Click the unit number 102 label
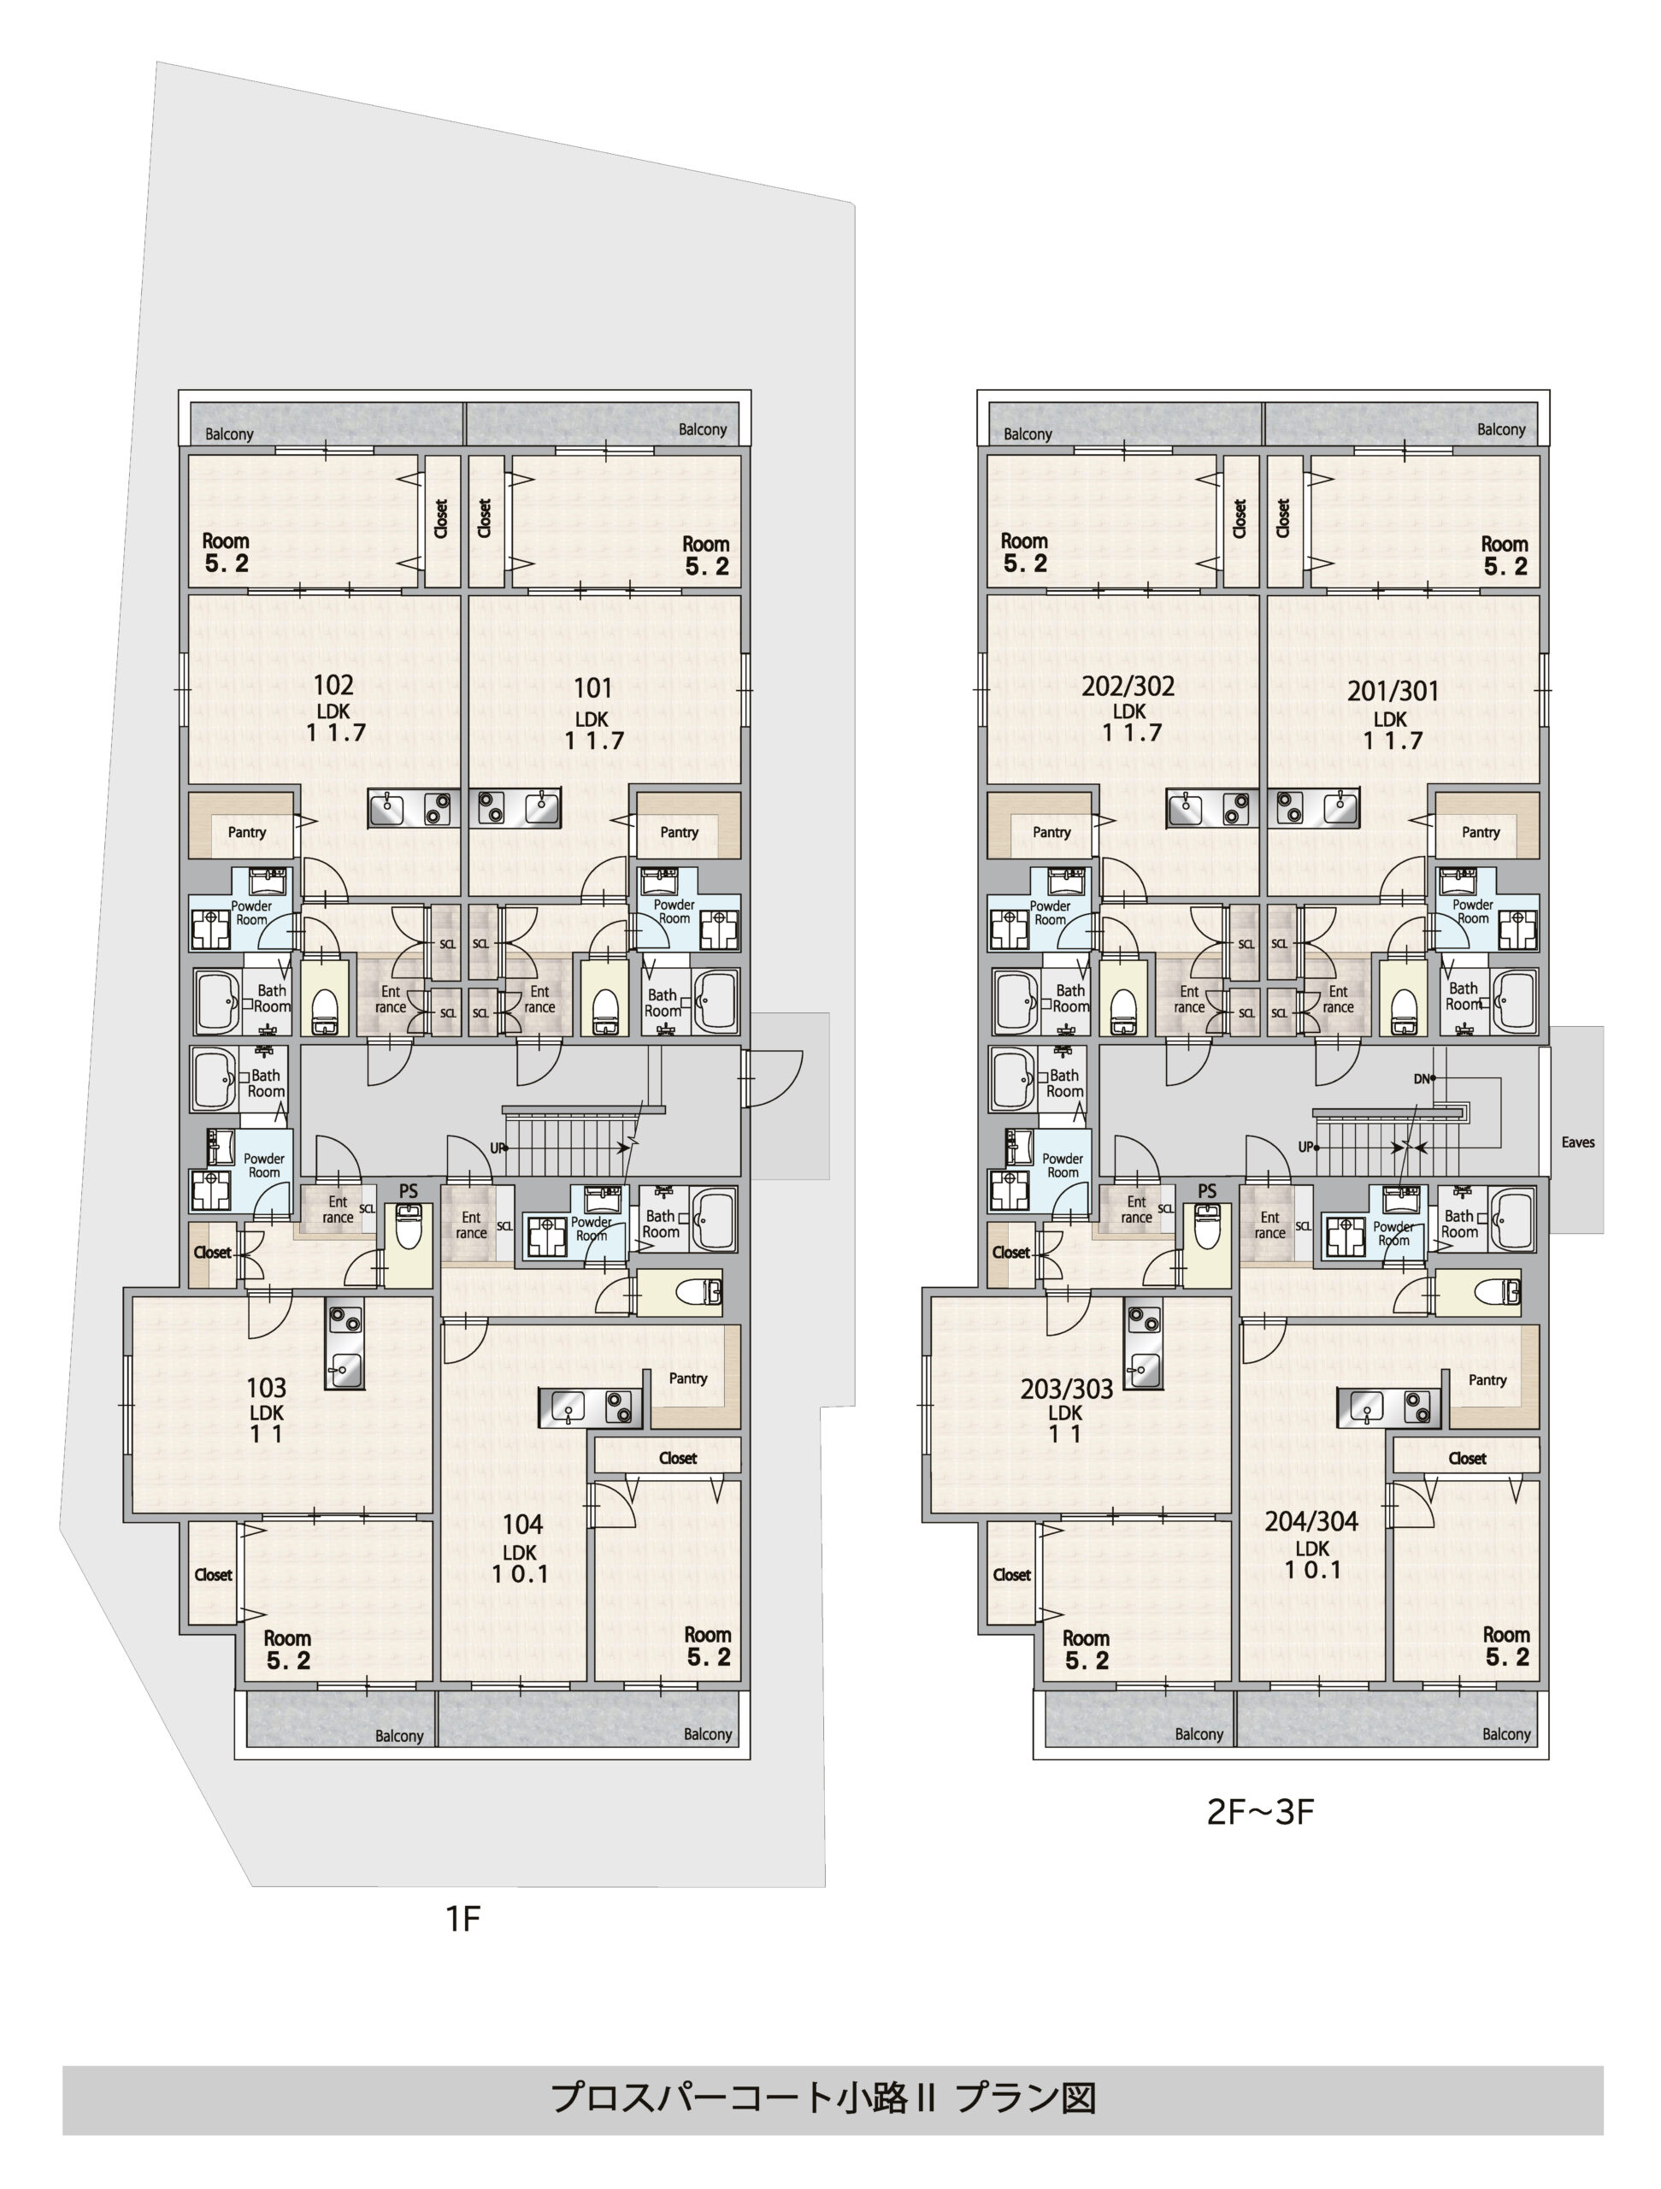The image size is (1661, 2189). [x=333, y=685]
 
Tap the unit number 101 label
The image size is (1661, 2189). [x=592, y=687]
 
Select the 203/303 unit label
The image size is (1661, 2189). [x=1067, y=1390]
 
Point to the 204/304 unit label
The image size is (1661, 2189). [x=1311, y=1522]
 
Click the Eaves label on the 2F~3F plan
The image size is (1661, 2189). [x=1578, y=1142]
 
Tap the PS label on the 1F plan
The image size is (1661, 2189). [x=409, y=1191]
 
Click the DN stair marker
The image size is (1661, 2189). [x=1422, y=1078]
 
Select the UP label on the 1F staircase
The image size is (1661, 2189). [x=497, y=1148]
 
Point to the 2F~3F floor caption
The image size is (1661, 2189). [x=1259, y=1812]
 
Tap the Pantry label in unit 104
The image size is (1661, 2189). [x=687, y=1378]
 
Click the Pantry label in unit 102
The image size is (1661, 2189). [x=246, y=832]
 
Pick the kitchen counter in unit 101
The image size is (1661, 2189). [x=515, y=809]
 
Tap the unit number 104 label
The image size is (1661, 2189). [x=521, y=1525]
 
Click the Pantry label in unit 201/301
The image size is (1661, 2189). [x=1480, y=832]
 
